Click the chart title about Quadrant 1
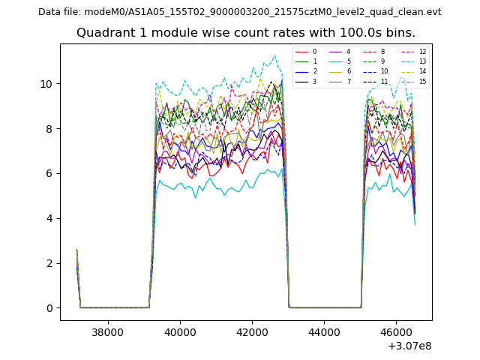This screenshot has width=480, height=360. (x=246, y=33)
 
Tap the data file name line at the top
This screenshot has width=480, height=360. (x=240, y=12)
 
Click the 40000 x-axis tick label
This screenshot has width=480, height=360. (x=179, y=331)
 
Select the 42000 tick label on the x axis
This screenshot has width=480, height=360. (x=251, y=331)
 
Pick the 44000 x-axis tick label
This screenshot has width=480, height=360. (x=323, y=331)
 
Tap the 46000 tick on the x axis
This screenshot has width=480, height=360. (x=395, y=331)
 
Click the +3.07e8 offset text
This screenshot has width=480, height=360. (x=409, y=346)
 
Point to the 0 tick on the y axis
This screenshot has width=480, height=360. (x=50, y=308)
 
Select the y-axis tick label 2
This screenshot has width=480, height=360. (x=50, y=263)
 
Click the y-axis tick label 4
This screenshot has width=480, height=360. (x=50, y=218)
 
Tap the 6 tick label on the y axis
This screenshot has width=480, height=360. (x=50, y=173)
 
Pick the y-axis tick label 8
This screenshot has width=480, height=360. (x=50, y=128)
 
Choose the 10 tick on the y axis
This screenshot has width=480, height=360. (x=47, y=83)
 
